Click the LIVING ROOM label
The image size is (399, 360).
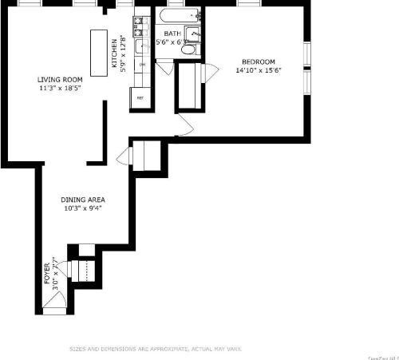click(x=60, y=80)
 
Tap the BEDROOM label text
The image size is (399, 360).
click(x=259, y=62)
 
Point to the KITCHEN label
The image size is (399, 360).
click(x=114, y=53)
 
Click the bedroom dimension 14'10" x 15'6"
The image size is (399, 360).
click(x=259, y=70)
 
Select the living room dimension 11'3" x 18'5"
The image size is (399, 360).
click(x=60, y=88)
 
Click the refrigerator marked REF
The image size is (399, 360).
click(x=140, y=97)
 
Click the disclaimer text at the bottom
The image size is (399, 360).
click(x=156, y=349)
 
